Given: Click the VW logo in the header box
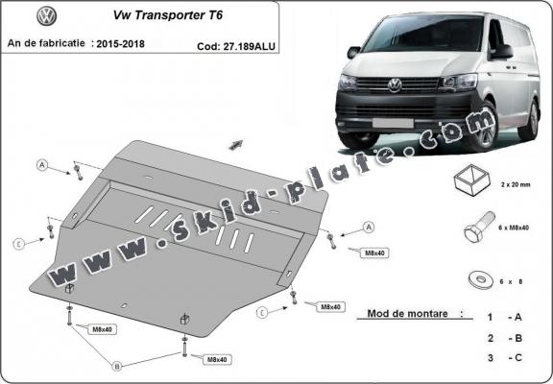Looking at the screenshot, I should pyautogui.click(x=45, y=16).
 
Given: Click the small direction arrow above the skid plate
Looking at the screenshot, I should pyautogui.click(x=234, y=145).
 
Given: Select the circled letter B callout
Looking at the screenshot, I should pyautogui.click(x=117, y=366).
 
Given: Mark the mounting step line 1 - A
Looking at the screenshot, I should pyautogui.click(x=504, y=317).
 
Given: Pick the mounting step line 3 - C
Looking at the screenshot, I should pyautogui.click(x=504, y=357).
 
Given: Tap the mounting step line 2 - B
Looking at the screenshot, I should pyautogui.click(x=504, y=337).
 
